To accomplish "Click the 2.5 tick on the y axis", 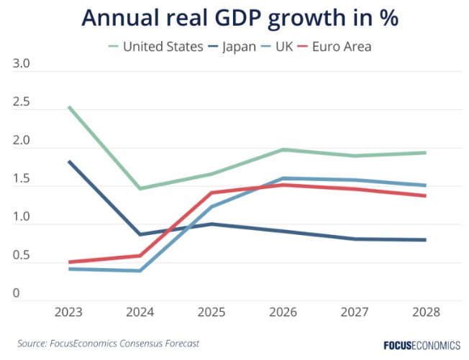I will click(x=22, y=103).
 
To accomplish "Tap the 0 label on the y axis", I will click(x=17, y=294).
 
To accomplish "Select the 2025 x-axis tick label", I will click(x=211, y=313).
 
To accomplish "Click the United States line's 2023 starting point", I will click(x=69, y=107).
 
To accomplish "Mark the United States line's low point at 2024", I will click(x=140, y=188).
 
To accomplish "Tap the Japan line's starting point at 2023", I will click(x=69, y=162).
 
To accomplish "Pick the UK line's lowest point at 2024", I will click(x=140, y=271).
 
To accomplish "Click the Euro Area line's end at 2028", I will click(x=425, y=195).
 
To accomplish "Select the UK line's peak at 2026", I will click(x=283, y=178).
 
